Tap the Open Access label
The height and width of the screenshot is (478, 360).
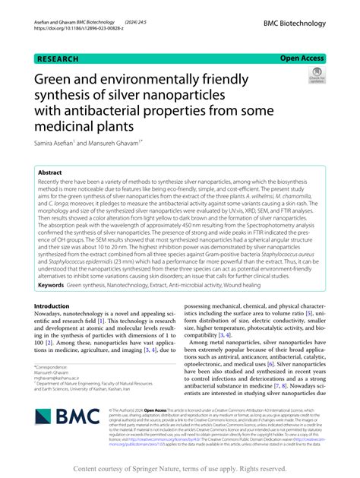point(302,58)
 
